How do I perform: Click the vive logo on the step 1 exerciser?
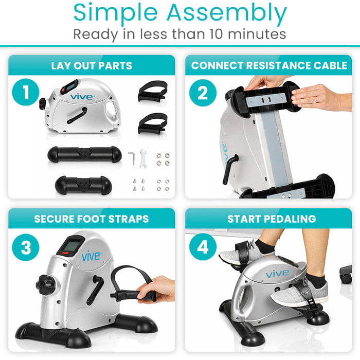coord(82,96)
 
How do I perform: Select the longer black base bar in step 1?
coord(84,154)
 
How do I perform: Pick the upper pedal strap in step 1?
coord(152,93)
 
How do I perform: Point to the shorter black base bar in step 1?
coord(84,184)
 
